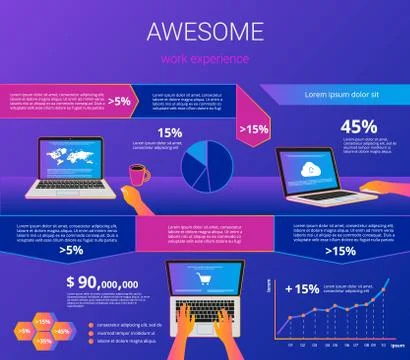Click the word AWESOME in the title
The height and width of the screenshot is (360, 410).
tap(204, 31)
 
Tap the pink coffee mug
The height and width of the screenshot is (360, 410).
tap(139, 175)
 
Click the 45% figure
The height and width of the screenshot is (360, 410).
tap(358, 127)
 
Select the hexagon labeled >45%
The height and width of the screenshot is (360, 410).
tap(62, 329)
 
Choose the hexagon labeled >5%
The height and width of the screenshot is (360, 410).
tap(21, 329)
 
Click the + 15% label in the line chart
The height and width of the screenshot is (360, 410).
tap(301, 289)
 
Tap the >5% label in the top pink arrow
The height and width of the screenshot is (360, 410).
tap(120, 100)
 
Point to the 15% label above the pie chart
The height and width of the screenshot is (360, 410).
tap(169, 132)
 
